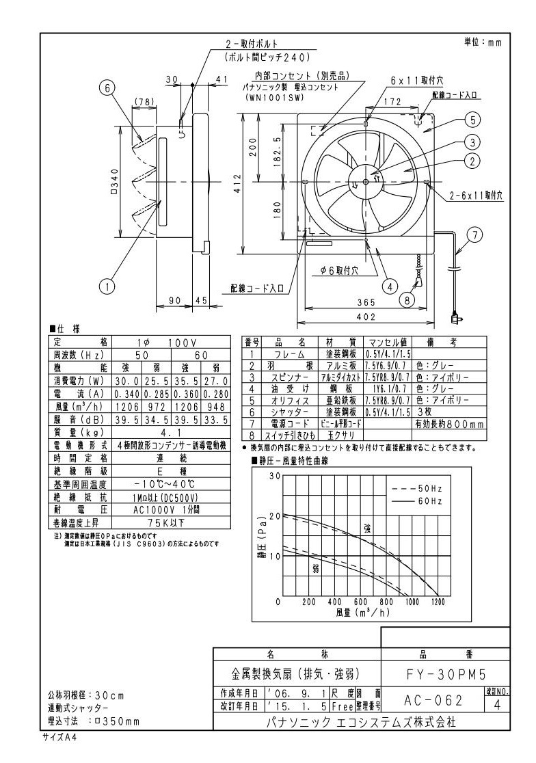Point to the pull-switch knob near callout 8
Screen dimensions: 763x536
click(x=418, y=279)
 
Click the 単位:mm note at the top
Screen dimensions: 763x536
click(x=483, y=42)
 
